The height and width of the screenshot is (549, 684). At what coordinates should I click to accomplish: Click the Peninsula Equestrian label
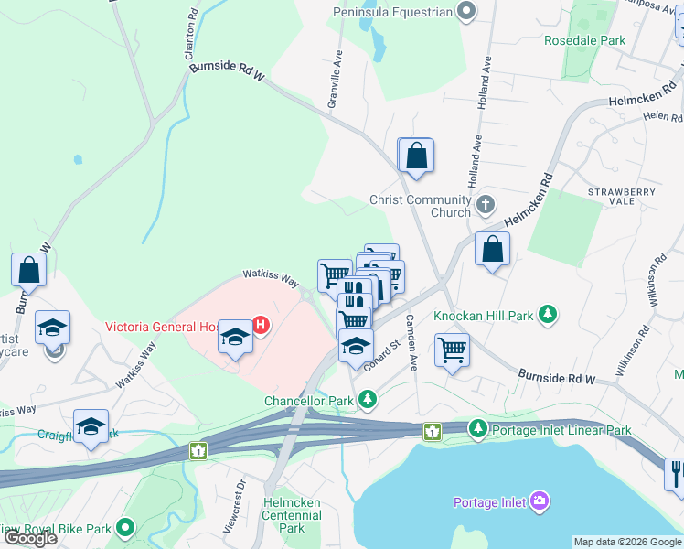click(395, 12)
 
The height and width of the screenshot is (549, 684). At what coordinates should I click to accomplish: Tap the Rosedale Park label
click(584, 40)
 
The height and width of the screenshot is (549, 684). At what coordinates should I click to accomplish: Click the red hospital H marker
click(261, 324)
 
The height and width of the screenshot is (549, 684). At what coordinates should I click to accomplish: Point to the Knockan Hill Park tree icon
click(548, 316)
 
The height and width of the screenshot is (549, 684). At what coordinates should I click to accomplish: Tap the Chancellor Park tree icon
click(367, 399)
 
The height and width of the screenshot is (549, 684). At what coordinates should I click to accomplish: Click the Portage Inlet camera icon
click(540, 501)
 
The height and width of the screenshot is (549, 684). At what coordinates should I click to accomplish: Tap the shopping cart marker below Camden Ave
click(452, 350)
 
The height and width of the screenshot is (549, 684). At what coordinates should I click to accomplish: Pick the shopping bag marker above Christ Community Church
click(416, 156)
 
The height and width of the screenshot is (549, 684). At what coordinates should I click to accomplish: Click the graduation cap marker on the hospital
click(235, 338)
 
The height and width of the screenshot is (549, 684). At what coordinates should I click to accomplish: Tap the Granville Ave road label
click(335, 81)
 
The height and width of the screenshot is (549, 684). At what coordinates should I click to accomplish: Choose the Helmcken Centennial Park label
click(291, 515)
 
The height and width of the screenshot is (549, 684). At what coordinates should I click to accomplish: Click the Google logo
click(29, 538)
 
